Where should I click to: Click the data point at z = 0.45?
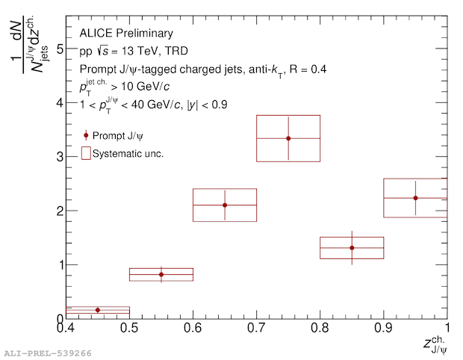(x=98, y=310)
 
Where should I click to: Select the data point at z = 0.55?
(x=161, y=274)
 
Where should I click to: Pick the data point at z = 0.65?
(x=225, y=205)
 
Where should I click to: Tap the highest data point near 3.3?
(x=288, y=138)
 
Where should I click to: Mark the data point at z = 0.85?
(x=352, y=247)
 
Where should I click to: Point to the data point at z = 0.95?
(x=415, y=198)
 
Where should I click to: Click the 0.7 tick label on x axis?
(x=256, y=327)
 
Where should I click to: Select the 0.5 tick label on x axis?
(x=129, y=327)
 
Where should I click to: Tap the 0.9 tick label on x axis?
(x=383, y=327)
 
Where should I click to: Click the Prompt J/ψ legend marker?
(x=86, y=136)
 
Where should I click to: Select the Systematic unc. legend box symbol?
(x=86, y=153)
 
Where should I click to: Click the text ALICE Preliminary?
(x=126, y=34)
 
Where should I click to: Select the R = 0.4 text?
(x=305, y=69)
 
